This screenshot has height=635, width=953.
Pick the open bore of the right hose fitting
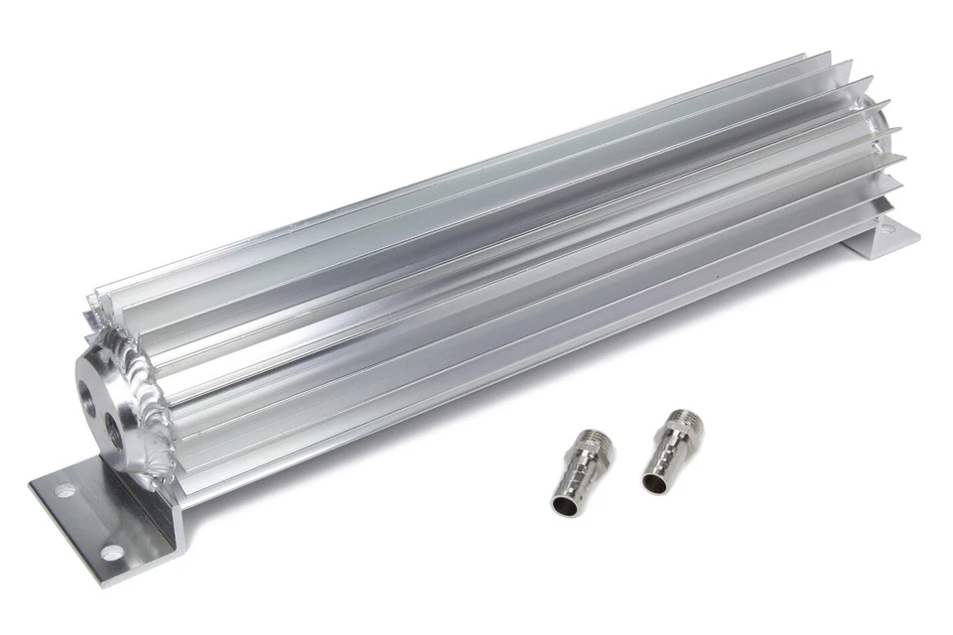(653, 483)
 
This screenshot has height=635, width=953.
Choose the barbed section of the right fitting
(660, 464)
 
